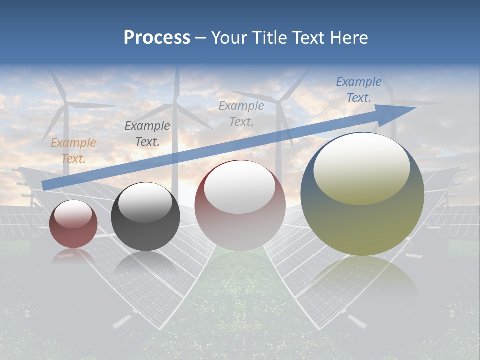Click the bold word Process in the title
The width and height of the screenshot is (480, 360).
click(157, 38)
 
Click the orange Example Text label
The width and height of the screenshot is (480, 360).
click(73, 151)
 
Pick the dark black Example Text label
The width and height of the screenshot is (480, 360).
click(147, 134)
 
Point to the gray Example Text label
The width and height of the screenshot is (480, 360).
click(241, 113)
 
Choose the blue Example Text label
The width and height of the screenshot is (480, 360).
click(358, 90)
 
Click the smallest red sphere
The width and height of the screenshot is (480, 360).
click(73, 224)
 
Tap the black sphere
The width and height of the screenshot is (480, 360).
click(145, 217)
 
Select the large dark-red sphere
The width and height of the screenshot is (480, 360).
click(240, 205)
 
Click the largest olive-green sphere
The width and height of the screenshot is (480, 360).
click(362, 194)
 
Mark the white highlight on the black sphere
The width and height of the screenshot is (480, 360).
click(145, 201)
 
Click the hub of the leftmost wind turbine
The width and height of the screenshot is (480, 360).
click(65, 104)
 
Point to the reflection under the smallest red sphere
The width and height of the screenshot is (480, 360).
click(73, 255)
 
